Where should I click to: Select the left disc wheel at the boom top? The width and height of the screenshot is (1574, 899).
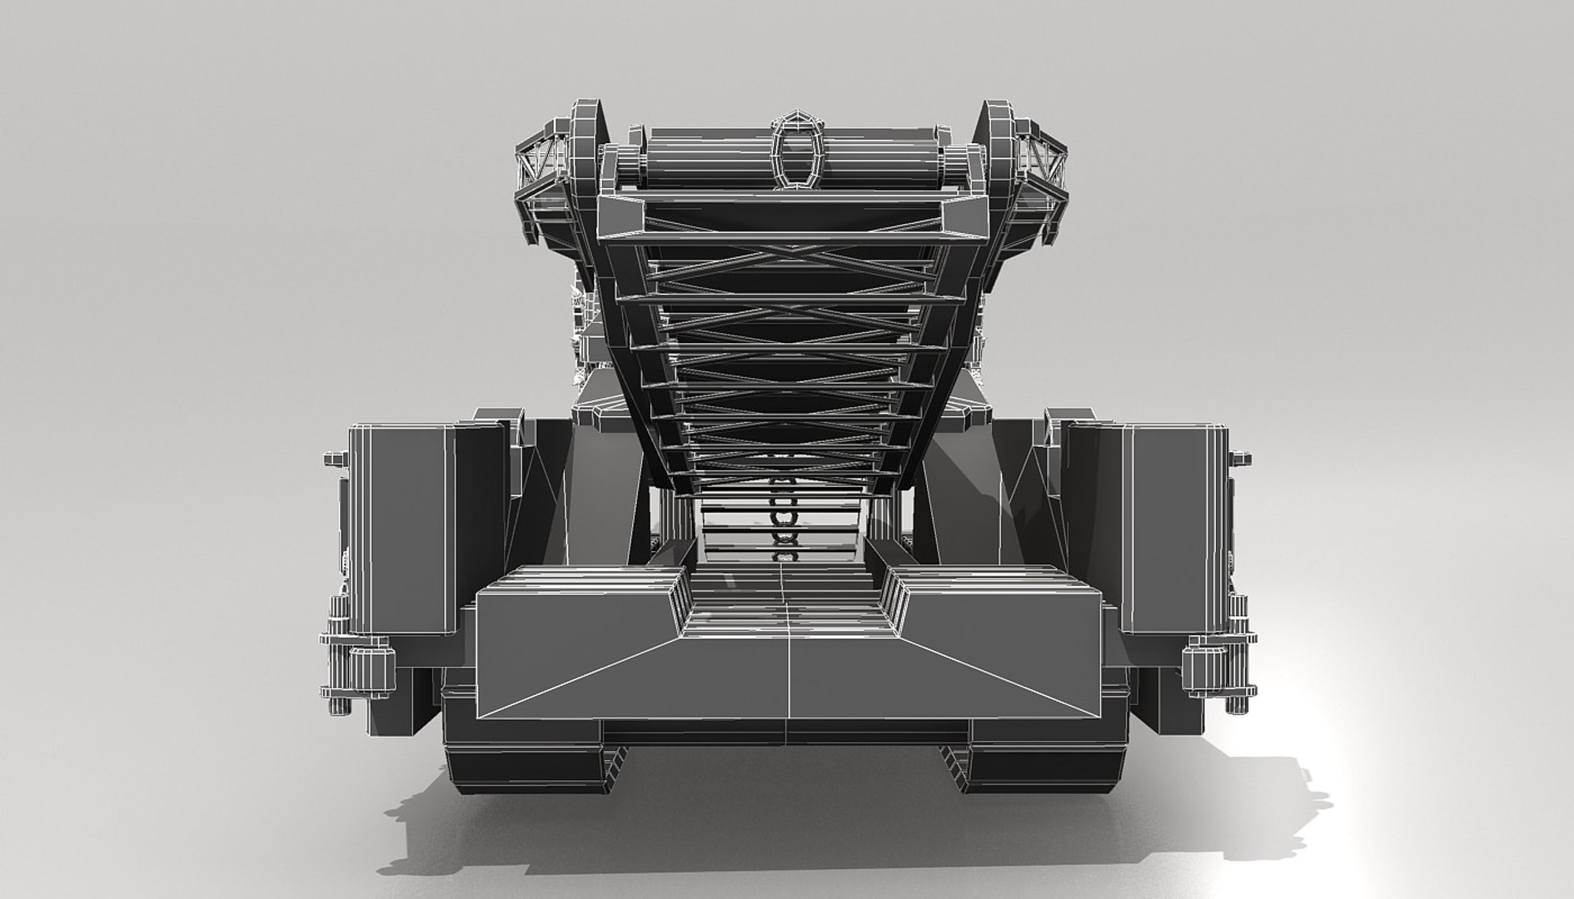coord(585,142)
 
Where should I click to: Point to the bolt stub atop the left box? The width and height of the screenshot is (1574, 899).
coord(333,457)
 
